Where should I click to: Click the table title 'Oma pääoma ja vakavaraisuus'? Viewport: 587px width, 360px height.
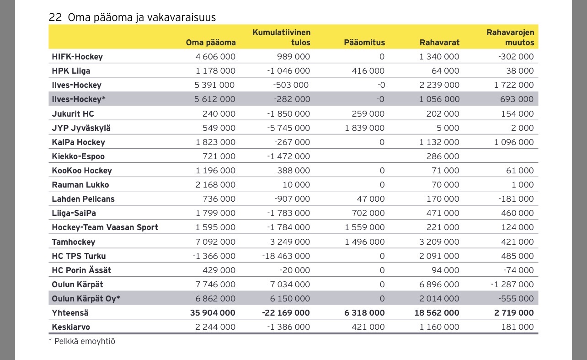point(141,17)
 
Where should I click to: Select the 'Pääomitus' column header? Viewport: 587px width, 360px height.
point(364,43)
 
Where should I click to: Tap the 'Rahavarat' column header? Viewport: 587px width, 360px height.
point(439,43)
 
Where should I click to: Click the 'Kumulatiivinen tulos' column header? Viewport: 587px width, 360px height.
point(282,38)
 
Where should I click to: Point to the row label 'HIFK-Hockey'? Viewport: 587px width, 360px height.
point(77,57)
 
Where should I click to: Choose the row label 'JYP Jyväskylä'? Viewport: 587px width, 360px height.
point(81,128)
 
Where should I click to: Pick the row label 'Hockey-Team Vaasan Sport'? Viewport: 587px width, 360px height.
point(105,227)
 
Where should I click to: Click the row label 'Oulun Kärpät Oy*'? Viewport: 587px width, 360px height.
point(86,299)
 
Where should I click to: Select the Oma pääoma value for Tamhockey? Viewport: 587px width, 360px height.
point(215,242)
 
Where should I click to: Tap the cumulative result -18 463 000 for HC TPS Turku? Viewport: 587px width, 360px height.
point(286,256)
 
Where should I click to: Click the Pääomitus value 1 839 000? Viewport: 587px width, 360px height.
point(364,128)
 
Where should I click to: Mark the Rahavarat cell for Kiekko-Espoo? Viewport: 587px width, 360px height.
point(442,156)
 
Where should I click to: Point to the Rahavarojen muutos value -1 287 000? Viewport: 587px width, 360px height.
point(512,285)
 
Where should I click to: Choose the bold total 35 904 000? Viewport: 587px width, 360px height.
point(213,313)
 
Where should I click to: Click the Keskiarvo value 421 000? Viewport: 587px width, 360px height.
point(369,327)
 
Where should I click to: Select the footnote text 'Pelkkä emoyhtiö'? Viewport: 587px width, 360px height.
point(85,341)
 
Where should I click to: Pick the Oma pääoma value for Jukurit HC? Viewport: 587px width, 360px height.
point(219,114)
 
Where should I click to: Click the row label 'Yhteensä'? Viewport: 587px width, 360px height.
point(70,313)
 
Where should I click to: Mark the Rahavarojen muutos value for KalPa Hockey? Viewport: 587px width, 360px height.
point(514,142)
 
